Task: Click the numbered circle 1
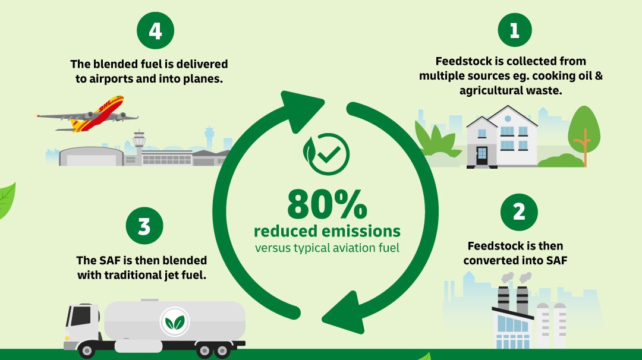tap(515, 30)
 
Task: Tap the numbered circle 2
tap(519, 212)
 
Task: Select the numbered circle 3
tap(144, 226)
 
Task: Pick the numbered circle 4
tap(155, 31)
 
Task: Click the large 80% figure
tap(327, 204)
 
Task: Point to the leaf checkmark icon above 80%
tap(326, 154)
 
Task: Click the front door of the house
tap(482, 156)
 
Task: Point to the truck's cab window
tap(81, 316)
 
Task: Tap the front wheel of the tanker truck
tap(87, 350)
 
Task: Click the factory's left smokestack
tap(503, 300)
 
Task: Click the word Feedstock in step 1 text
tap(464, 61)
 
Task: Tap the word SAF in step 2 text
tap(556, 260)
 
